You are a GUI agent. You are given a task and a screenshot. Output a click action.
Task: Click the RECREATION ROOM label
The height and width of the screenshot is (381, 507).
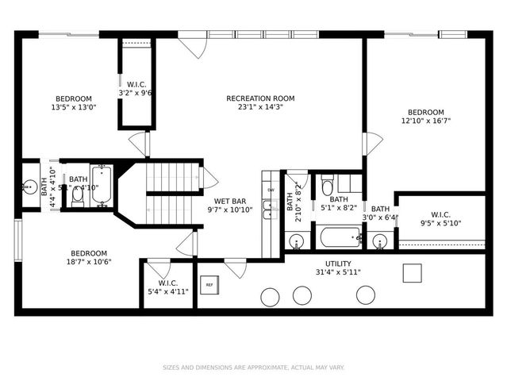(x=260, y=98)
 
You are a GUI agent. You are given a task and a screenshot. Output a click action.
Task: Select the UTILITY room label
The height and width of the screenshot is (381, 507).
(x=338, y=264)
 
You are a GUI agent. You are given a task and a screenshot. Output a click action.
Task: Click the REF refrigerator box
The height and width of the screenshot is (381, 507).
(x=209, y=284)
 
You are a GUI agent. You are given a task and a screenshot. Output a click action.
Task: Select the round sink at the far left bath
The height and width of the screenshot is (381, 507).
(x=30, y=188)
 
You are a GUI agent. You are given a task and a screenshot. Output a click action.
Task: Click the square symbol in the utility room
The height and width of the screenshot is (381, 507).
(x=412, y=272)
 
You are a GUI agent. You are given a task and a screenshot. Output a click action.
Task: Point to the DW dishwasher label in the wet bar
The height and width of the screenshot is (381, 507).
(x=271, y=190)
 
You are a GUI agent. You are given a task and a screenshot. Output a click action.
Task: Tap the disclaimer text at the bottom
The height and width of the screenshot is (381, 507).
(x=253, y=367)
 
